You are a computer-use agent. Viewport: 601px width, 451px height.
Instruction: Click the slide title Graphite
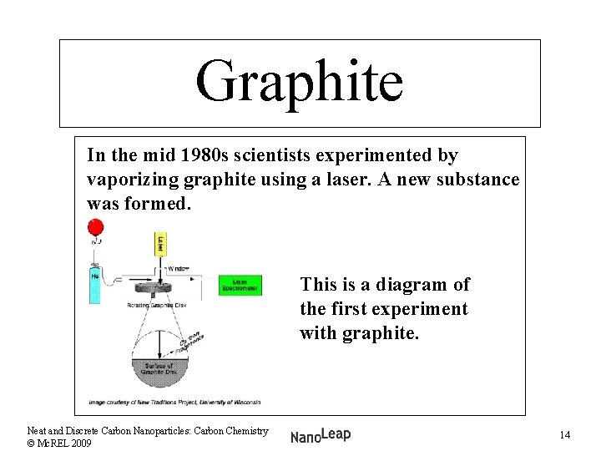[299, 82]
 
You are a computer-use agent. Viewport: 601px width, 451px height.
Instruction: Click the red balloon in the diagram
[95, 227]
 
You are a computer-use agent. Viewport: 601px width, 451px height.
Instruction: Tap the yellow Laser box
[161, 244]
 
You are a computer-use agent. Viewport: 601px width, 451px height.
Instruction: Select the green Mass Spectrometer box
[240, 286]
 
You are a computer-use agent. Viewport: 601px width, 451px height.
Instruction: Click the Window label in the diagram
[178, 269]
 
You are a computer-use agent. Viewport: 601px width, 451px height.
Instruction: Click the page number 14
[565, 435]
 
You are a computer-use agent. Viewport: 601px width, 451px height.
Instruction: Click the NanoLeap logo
[321, 434]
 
